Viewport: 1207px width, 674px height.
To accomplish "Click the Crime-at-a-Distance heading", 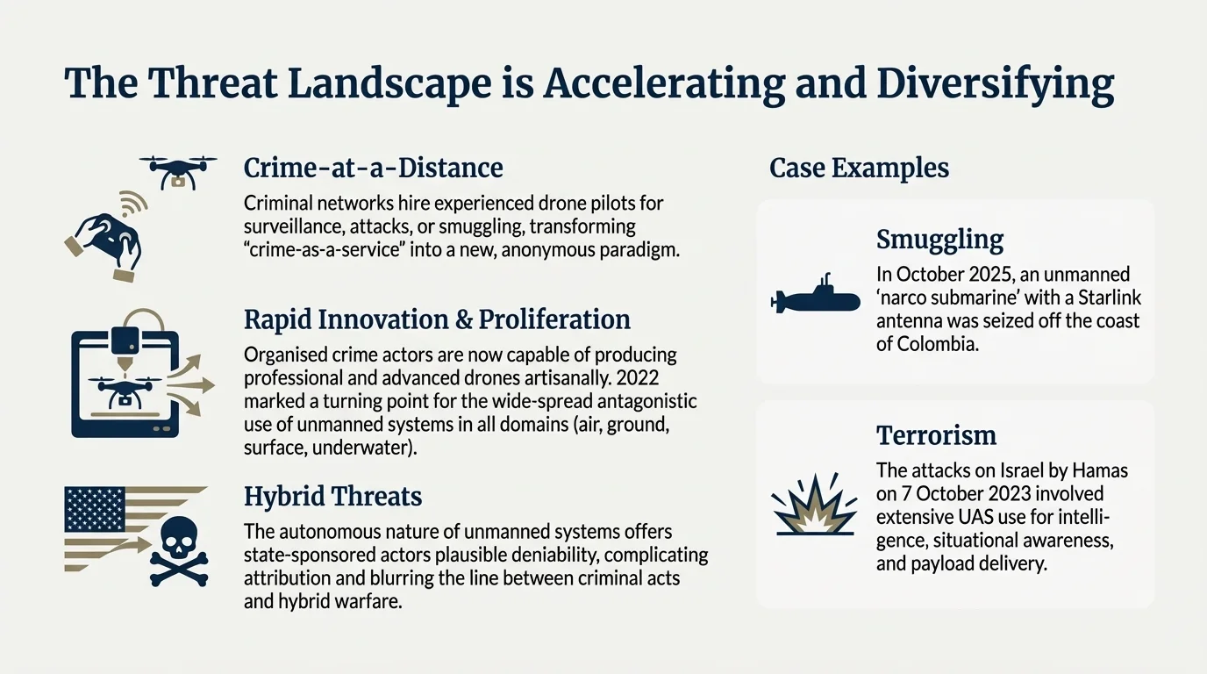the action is click(373, 168).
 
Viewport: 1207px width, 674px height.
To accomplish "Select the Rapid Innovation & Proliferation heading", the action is click(437, 319).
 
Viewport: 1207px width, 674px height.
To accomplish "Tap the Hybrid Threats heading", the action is click(332, 497).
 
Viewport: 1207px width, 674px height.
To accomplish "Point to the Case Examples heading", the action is click(859, 168).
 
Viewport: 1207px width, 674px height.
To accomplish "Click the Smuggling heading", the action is click(939, 240).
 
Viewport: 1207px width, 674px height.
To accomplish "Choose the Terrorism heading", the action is click(936, 435).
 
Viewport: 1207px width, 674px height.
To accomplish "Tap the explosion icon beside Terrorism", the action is click(815, 505).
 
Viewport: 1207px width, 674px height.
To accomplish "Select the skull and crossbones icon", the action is click(179, 551).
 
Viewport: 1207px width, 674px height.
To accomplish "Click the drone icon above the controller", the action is click(178, 171).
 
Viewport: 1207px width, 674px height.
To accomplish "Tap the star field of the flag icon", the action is click(95, 509).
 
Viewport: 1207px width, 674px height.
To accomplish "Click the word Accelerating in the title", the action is click(664, 84).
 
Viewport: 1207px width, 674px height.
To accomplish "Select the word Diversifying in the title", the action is click(996, 84).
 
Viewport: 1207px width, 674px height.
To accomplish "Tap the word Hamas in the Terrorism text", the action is click(1100, 470).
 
